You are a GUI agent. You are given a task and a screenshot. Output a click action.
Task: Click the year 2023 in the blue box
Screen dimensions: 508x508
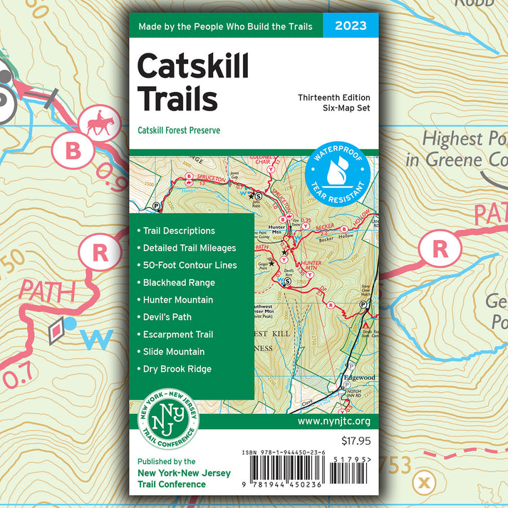351,26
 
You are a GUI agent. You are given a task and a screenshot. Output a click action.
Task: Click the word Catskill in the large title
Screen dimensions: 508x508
192,66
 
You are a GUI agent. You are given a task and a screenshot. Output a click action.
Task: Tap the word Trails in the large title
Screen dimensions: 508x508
177,98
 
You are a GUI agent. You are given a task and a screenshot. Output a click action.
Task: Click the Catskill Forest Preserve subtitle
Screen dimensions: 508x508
179,130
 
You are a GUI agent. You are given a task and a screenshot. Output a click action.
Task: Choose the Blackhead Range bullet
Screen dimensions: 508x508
179,282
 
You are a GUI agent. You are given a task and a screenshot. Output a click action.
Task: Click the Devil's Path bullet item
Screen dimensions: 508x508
167,317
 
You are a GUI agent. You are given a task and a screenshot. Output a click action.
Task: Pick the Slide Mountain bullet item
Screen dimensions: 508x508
173,351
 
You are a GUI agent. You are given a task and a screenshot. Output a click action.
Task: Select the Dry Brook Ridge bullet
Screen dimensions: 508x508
177,369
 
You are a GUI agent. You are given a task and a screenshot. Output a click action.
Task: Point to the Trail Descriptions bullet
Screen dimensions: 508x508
179,231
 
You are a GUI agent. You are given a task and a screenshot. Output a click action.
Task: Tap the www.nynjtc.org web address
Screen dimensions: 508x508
333,422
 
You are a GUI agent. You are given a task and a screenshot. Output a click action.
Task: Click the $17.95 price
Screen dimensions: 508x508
356,440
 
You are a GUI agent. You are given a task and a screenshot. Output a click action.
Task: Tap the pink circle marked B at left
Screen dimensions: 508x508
73,150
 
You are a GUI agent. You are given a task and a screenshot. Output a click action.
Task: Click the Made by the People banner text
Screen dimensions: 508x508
225,27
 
